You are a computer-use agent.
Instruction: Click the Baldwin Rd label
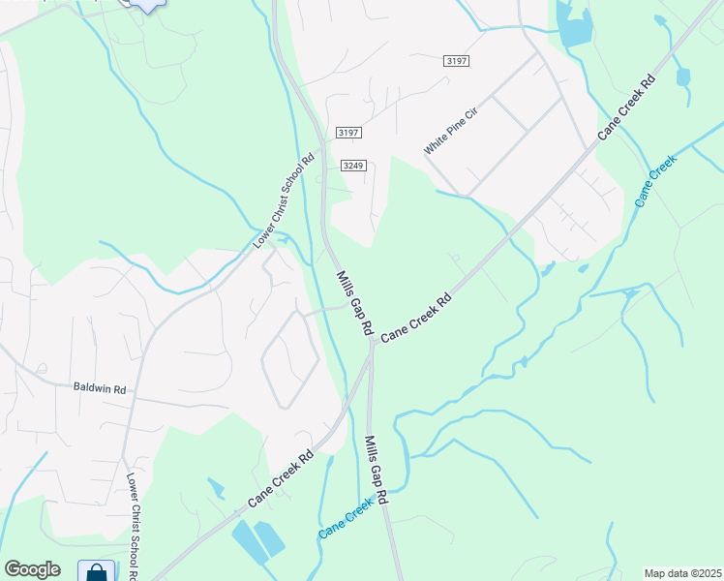tap(100, 388)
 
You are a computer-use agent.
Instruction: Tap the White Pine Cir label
tap(451, 131)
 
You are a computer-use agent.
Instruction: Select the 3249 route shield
tap(353, 166)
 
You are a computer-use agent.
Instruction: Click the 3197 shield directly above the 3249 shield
tap(347, 132)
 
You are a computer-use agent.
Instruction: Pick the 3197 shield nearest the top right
tap(457, 60)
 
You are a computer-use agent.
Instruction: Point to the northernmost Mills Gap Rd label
tap(354, 303)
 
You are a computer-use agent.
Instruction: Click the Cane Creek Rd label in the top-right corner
tap(626, 107)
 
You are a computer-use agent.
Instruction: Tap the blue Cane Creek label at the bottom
tap(347, 520)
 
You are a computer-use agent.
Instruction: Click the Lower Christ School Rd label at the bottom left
tap(133, 528)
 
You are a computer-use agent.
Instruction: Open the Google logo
tap(32, 569)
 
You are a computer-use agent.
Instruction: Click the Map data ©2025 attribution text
tap(683, 573)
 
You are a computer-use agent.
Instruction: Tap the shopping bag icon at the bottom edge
tap(97, 572)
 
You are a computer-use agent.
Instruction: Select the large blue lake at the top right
tap(575, 29)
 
